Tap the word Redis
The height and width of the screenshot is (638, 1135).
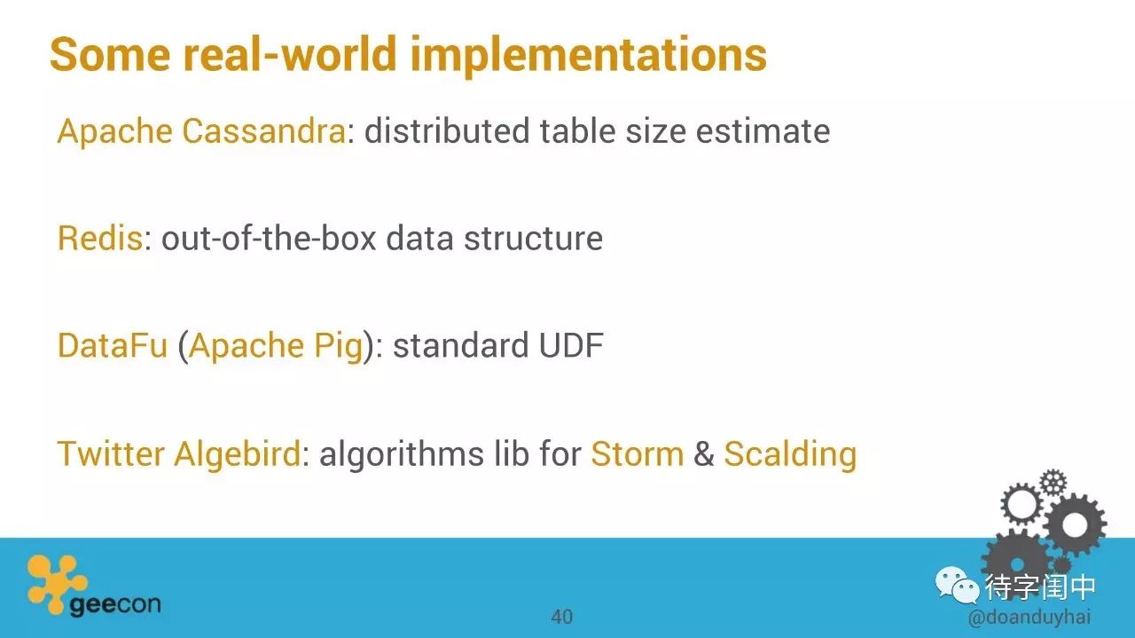(100, 238)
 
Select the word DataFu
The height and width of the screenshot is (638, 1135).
(113, 345)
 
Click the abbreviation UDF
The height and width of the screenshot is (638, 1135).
(571, 345)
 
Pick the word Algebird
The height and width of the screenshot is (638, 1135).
(238, 454)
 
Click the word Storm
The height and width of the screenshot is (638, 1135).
(638, 453)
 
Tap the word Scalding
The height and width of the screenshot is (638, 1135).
(790, 454)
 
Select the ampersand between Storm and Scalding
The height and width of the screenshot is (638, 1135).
(704, 453)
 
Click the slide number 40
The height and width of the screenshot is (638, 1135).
(561, 617)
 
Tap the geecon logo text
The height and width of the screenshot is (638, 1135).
(115, 605)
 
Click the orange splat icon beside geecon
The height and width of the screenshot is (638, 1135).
(55, 583)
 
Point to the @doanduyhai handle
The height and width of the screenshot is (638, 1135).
(1029, 618)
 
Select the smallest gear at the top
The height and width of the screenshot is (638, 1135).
(1053, 483)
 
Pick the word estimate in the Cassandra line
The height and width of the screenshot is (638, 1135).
(763, 131)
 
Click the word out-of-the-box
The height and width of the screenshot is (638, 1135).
(269, 238)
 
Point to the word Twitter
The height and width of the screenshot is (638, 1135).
(111, 453)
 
